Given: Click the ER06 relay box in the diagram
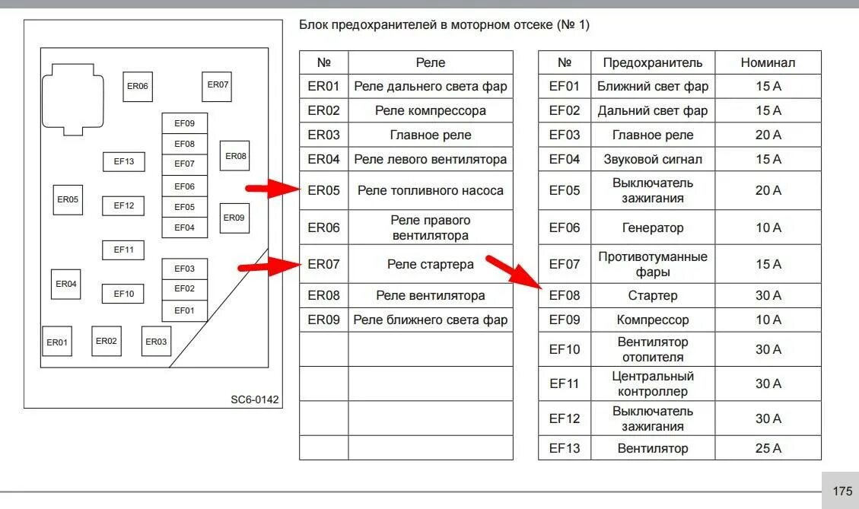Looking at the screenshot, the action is (138, 86).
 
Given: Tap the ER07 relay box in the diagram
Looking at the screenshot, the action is (218, 85).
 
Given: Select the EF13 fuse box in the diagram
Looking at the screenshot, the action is (124, 161).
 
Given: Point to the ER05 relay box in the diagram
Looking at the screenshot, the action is (68, 199).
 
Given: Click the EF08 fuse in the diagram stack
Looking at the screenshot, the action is (184, 144).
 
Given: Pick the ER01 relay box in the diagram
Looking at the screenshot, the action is (57, 342).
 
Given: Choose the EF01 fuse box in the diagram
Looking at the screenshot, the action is (184, 310).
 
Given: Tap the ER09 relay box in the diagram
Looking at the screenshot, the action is (234, 218).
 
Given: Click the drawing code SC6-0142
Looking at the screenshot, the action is (256, 399).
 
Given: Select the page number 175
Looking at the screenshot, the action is (842, 492).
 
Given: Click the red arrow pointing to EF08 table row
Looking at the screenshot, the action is (514, 272).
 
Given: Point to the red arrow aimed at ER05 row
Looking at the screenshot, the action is (273, 189).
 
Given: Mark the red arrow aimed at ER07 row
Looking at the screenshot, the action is (269, 266).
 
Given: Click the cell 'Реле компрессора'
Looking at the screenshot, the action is (430, 110).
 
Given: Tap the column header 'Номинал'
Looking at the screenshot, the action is (768, 62).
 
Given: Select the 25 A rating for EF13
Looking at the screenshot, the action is (768, 448).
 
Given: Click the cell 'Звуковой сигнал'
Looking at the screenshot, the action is (653, 159).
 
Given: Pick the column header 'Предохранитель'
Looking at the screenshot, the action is (653, 62).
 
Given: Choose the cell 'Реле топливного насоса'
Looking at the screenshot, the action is (430, 190).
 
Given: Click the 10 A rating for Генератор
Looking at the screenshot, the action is (768, 227).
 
